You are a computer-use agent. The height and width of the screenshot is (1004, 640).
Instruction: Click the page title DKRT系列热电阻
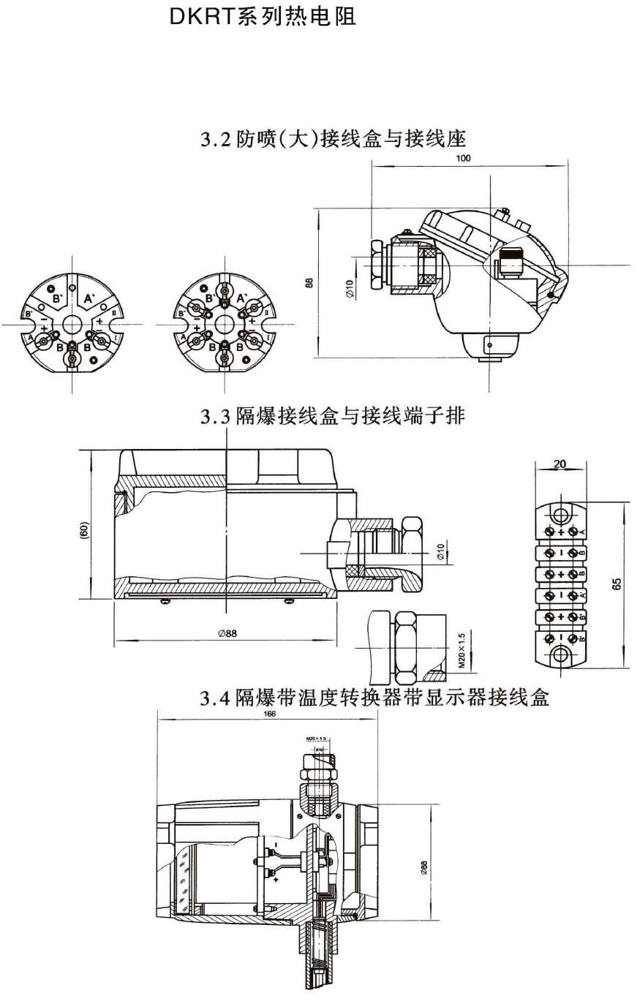pyautogui.click(x=263, y=18)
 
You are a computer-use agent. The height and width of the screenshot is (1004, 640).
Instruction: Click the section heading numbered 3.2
pyautogui.click(x=333, y=138)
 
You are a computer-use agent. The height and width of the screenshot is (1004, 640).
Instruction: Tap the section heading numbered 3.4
pyautogui.click(x=374, y=698)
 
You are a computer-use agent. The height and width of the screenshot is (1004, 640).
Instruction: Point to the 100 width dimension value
pyautogui.click(x=463, y=158)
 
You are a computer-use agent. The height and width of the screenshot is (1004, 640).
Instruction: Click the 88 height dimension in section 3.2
pyautogui.click(x=309, y=282)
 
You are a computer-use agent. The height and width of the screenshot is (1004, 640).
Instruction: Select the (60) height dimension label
pyautogui.click(x=84, y=531)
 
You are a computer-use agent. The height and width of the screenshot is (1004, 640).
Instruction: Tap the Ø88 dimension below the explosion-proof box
pyautogui.click(x=227, y=634)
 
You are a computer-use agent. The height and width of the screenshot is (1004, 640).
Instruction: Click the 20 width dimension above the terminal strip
pyautogui.click(x=560, y=464)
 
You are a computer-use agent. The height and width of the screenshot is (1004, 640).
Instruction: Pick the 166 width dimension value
pyautogui.click(x=269, y=714)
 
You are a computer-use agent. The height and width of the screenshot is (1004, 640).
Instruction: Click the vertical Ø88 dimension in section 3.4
pyautogui.click(x=424, y=868)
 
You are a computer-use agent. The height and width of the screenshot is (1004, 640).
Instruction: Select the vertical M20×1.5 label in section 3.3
pyautogui.click(x=462, y=652)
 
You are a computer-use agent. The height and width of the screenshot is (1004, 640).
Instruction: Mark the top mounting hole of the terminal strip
pyautogui.click(x=562, y=510)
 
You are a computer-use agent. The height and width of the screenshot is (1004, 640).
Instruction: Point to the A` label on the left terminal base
pyautogui.click(x=89, y=298)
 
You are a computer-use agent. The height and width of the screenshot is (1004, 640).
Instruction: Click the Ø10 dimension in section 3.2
pyautogui.click(x=350, y=289)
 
